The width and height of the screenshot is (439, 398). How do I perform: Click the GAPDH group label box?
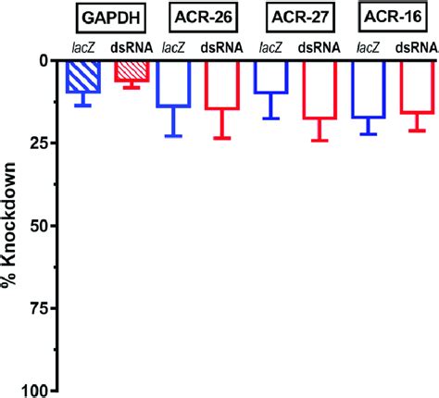pos(104,17)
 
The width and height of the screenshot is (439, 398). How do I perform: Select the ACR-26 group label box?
pos(197,17)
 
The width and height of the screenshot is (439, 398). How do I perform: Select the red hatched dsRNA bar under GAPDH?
pos(132,70)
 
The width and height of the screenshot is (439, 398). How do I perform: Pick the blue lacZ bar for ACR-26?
pos(173,82)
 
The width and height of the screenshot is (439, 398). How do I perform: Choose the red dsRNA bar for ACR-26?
pos(221,84)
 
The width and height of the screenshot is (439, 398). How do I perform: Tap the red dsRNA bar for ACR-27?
pos(320,89)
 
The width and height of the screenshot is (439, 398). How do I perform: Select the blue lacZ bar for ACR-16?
pos(368,88)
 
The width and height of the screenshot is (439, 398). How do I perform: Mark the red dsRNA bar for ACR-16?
pos(416,86)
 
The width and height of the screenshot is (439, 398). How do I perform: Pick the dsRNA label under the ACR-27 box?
pos(320,45)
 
